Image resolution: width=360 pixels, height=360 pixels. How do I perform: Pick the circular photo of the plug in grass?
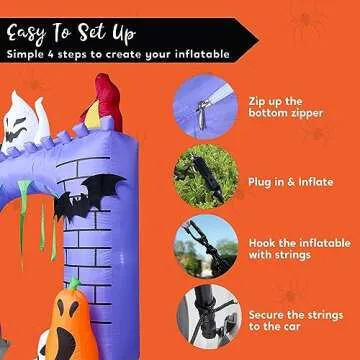point(205,176)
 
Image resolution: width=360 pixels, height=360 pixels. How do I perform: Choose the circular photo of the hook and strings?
point(205,246)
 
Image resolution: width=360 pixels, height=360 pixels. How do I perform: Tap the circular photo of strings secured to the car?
point(205,318)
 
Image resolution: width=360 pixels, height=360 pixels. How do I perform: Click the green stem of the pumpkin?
point(72,285)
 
